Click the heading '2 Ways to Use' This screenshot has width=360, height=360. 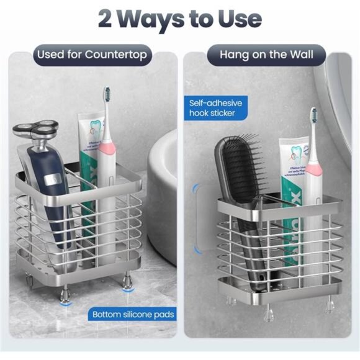point(179,19)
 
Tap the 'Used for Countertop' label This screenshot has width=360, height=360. point(92,55)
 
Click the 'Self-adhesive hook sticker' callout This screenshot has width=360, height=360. point(215,107)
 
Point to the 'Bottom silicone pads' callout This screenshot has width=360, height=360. point(133,314)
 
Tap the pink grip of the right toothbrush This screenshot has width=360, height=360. point(314,168)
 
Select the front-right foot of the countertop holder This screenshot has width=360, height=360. point(128,286)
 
